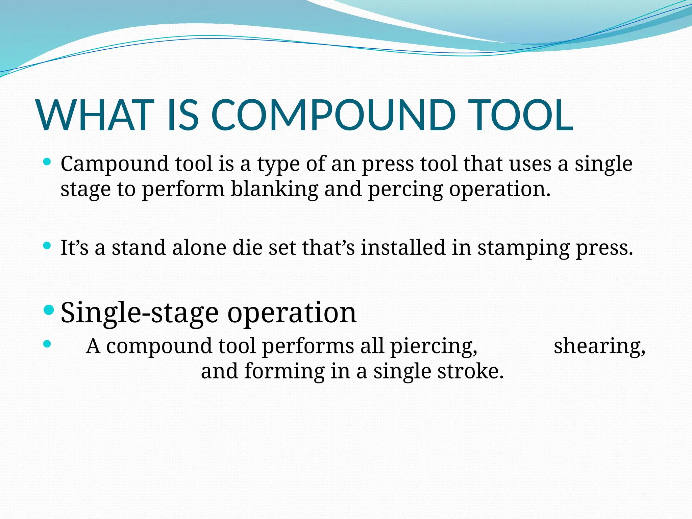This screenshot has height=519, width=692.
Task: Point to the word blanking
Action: coord(274,189)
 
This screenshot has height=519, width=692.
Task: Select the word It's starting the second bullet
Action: coord(74,248)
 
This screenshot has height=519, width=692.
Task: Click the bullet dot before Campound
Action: coord(48,162)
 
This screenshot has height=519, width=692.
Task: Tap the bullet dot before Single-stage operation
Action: coord(49,310)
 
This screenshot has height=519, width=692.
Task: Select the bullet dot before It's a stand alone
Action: coord(48,246)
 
